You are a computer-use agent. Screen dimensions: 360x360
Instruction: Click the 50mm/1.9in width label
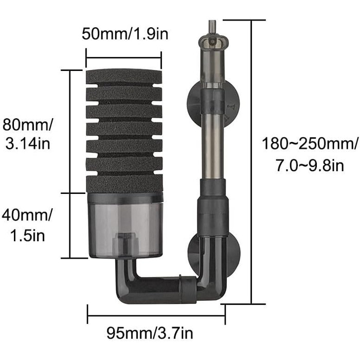[125, 34]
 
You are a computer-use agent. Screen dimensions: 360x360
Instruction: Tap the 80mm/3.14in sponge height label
[28, 134]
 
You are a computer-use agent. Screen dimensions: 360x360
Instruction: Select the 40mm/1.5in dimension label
[27, 225]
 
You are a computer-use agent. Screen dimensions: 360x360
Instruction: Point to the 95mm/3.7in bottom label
[150, 333]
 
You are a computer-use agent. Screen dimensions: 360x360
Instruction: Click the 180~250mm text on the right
[310, 143]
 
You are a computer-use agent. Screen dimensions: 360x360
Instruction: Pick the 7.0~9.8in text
[310, 166]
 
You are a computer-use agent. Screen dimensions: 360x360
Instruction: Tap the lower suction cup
[214, 256]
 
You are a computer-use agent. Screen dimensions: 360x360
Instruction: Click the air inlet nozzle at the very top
[212, 28]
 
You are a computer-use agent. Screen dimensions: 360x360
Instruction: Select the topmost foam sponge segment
[124, 77]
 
